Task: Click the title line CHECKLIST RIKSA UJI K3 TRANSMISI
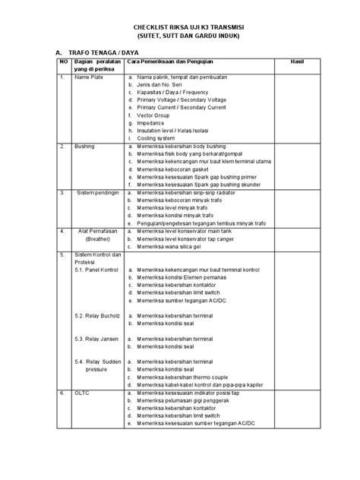click(x=181, y=25)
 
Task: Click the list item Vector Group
click(x=156, y=115)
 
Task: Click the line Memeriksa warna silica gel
click(x=177, y=246)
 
